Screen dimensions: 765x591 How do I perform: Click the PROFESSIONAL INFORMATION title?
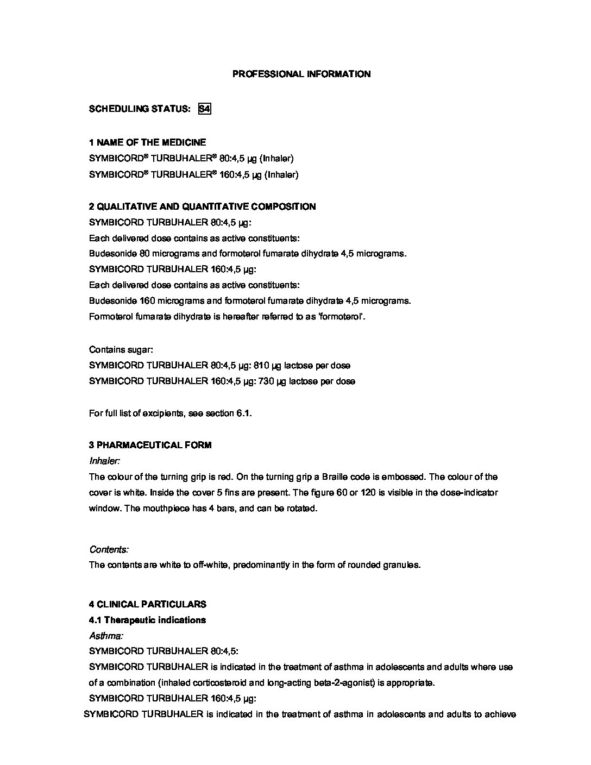click(301, 74)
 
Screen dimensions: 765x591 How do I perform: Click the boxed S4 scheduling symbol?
click(204, 109)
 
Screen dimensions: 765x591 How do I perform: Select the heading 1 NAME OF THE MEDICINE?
click(147, 142)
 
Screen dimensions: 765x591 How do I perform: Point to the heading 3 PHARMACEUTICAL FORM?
click(150, 445)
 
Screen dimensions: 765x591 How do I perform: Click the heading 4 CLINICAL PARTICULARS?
click(147, 604)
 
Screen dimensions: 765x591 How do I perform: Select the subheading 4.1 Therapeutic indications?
click(147, 620)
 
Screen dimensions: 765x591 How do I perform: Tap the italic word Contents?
click(109, 549)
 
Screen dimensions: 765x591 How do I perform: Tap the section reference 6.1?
click(243, 413)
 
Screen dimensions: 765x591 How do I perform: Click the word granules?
click(402, 565)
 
